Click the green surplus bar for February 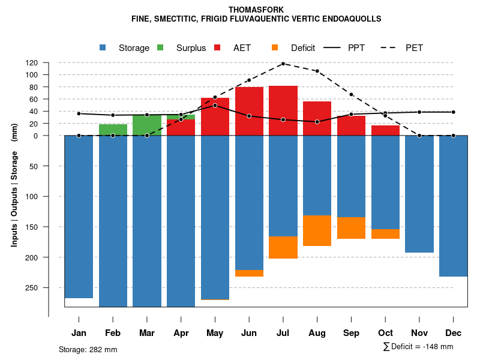[113, 130]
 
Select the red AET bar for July [283, 110]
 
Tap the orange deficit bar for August [317, 230]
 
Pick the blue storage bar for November [419, 194]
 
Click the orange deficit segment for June [249, 273]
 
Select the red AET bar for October [385, 130]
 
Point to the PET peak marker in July [283, 64]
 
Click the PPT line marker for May [215, 106]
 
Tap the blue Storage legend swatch [103, 47]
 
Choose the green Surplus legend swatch [160, 47]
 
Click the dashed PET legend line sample [388, 47]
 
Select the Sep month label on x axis [351, 333]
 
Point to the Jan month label [79, 333]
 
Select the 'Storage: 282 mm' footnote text [88, 349]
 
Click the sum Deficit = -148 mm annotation [418, 347]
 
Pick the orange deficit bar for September [351, 228]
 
